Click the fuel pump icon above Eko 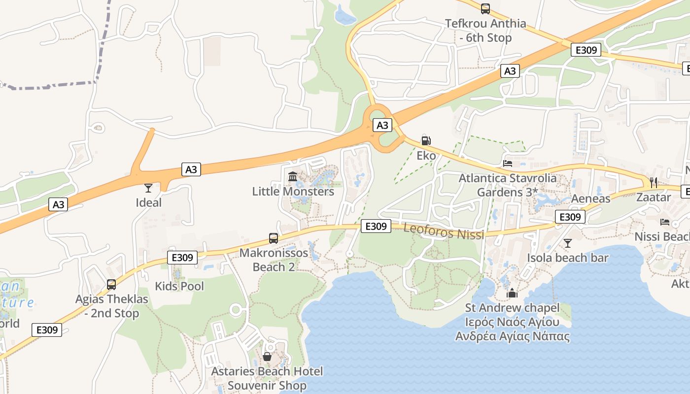(x=426, y=141)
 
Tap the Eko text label (x=426, y=156)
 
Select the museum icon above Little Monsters (x=293, y=176)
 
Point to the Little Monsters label (x=293, y=192)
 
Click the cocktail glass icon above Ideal (x=148, y=188)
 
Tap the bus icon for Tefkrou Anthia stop (x=485, y=8)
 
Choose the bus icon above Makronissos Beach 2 (x=274, y=238)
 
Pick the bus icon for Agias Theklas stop (x=111, y=285)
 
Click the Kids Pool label (x=179, y=286)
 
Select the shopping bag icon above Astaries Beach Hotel (x=267, y=356)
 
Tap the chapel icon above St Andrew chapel (x=512, y=294)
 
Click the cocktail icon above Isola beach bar (x=568, y=243)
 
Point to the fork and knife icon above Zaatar (x=654, y=182)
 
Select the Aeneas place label (x=590, y=199)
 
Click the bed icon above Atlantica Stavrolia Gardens (x=508, y=163)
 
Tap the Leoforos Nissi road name (x=444, y=231)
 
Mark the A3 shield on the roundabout (x=382, y=125)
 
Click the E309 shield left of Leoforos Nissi (x=376, y=226)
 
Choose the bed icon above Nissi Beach (x=665, y=222)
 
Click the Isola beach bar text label (x=568, y=258)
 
